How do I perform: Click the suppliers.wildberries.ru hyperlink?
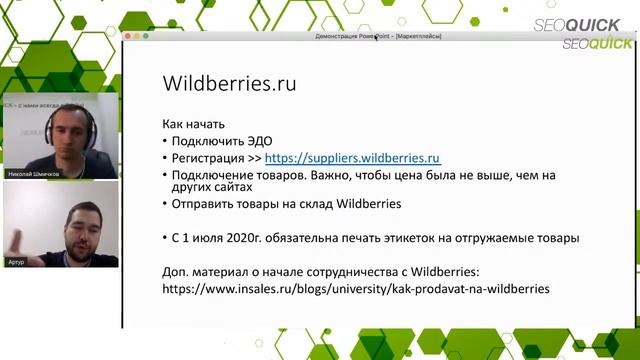[353, 158]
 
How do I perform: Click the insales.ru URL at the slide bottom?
[356, 288]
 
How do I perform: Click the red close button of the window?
[126, 36]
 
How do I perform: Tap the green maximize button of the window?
[146, 36]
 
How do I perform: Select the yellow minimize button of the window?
[136, 36]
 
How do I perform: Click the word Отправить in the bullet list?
[205, 204]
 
